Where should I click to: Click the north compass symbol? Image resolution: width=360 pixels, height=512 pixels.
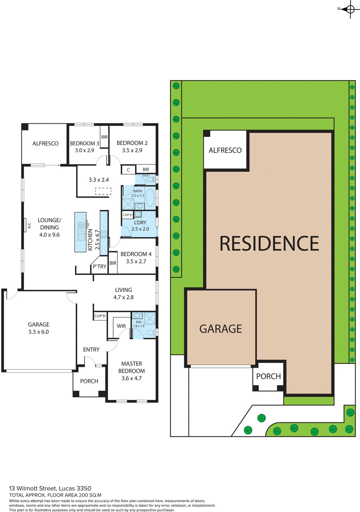350,9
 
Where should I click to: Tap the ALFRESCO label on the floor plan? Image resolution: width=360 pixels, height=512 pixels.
45,143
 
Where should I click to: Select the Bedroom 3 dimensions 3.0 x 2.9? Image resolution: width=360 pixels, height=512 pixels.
84,151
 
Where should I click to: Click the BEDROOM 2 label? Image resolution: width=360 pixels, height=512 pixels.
132,143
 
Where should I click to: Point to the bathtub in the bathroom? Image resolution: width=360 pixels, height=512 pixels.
150,198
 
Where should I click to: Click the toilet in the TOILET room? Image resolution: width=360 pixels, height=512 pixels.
150,180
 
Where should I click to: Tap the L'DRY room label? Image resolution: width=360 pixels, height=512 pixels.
140,223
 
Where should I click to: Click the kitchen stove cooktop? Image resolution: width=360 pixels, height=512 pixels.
104,234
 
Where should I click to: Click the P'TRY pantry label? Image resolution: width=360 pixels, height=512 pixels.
99,267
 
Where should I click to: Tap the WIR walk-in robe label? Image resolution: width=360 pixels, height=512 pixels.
121,326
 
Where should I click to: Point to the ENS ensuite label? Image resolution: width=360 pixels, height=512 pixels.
139,322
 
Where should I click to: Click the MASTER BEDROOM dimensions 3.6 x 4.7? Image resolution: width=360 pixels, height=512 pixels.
131,378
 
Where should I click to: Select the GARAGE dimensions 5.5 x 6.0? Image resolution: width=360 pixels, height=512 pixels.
39,332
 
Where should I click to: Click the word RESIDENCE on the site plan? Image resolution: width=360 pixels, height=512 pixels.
269,244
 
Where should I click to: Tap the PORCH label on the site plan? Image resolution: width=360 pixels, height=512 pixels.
269,376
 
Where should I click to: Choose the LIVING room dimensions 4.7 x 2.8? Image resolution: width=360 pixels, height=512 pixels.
123,297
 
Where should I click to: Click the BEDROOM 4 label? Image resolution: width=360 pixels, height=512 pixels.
136,254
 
